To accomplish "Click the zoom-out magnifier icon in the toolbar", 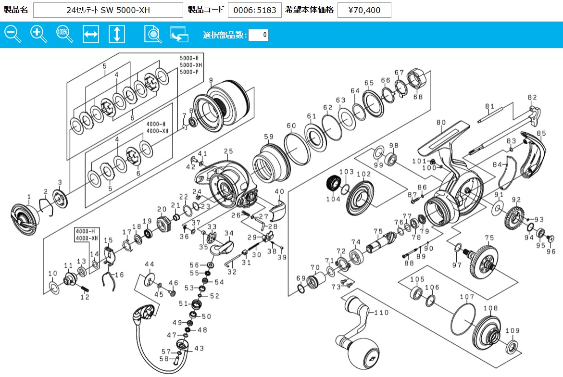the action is [x=13, y=35].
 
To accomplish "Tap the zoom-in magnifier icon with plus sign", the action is [x=38, y=35].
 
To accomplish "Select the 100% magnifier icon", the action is [x=64, y=35].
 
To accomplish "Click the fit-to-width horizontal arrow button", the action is [x=91, y=35].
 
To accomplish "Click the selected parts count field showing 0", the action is [x=258, y=35].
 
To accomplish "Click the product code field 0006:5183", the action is [x=254, y=10].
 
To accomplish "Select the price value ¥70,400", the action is [x=364, y=10].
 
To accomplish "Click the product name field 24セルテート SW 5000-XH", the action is [x=108, y=10].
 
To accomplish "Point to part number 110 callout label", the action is [x=381, y=313].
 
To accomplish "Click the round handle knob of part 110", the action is [x=363, y=353].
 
